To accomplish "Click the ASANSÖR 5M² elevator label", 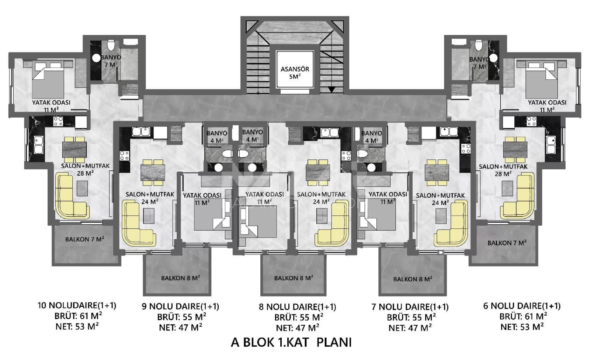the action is (295, 72).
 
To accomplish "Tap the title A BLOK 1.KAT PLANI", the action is (291, 342).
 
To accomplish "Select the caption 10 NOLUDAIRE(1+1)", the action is (77, 305).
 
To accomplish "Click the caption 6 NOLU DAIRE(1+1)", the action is (522, 305).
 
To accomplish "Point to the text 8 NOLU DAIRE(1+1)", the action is (297, 307).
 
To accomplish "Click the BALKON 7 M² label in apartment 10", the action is (84, 239).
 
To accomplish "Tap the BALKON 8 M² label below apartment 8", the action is (294, 278).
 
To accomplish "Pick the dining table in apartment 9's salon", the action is (153, 172).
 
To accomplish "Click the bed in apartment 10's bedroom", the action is (48, 81).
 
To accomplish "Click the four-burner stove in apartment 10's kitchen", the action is (58, 121).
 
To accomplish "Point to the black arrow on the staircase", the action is (332, 90).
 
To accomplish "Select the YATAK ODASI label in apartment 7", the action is (388, 194).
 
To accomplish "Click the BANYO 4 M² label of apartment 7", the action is (371, 137).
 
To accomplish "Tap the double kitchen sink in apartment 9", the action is (141, 131).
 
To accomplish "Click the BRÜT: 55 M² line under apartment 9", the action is (182, 317).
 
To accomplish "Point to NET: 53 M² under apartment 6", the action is (522, 327).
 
